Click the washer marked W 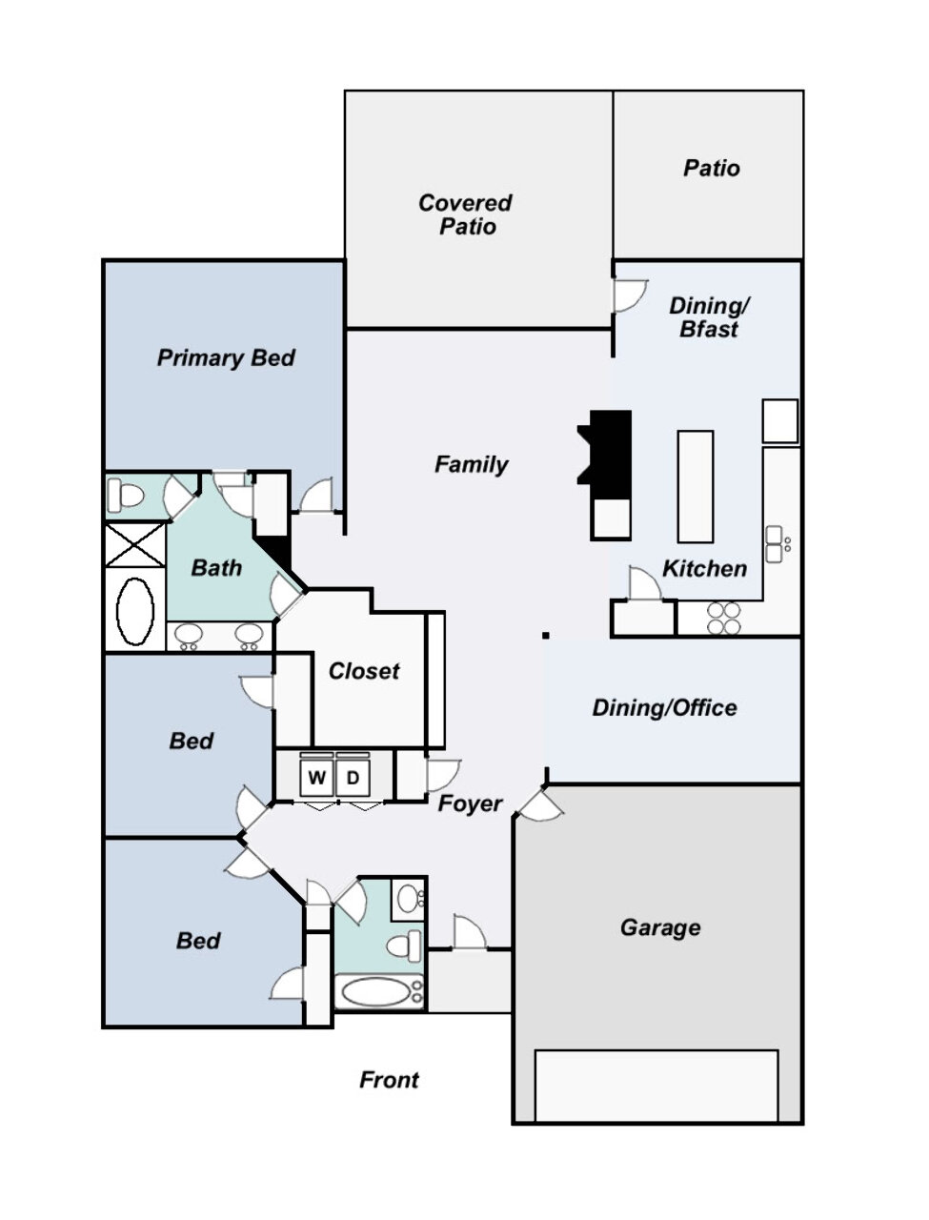[316, 778]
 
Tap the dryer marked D [353, 778]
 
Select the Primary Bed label [226, 357]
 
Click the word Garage [660, 927]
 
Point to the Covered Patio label [465, 214]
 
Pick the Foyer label [470, 803]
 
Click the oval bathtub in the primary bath [135, 611]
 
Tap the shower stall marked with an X [135, 544]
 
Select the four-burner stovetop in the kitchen [724, 618]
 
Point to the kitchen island [696, 486]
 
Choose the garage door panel [656, 1086]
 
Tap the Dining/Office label [664, 707]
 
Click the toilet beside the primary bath [126, 495]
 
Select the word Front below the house [389, 1079]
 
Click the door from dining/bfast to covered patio [630, 295]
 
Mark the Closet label [364, 671]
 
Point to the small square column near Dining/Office [546, 636]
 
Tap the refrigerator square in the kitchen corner [780, 420]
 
